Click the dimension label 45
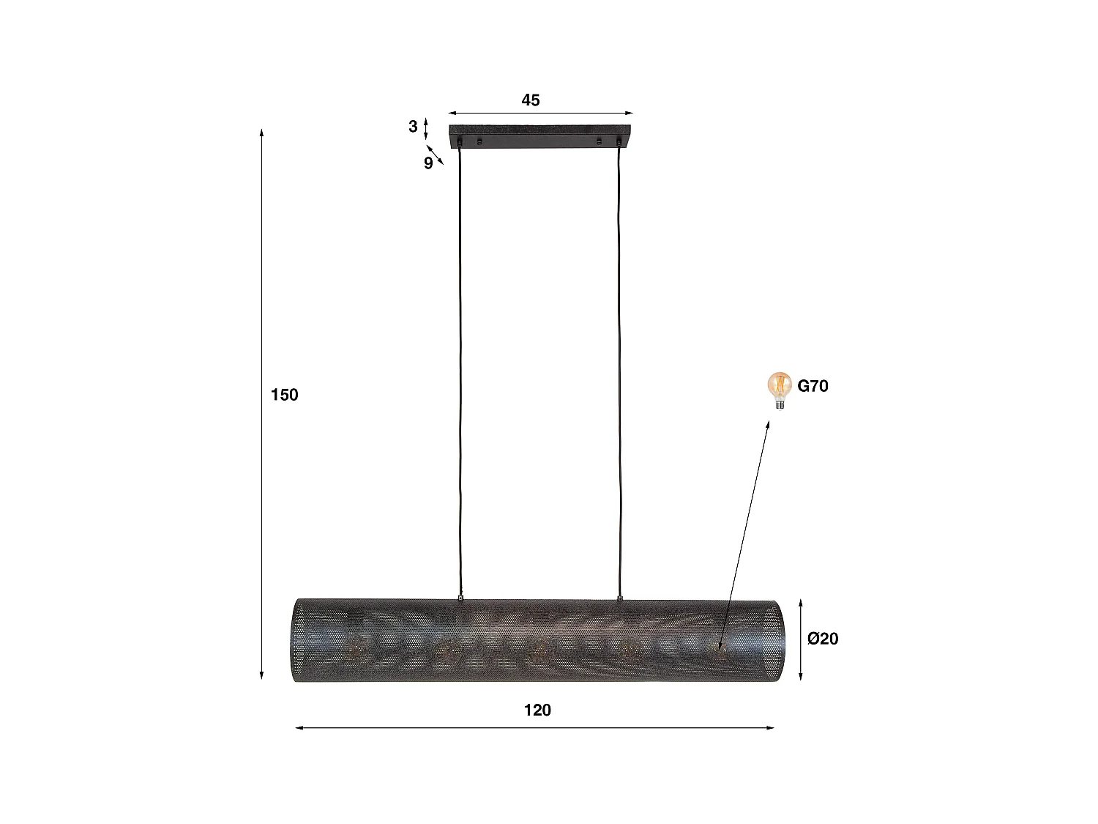[x=530, y=100]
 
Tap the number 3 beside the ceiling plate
[x=413, y=127]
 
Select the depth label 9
[x=428, y=163]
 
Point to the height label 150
[x=285, y=395]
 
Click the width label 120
[x=537, y=710]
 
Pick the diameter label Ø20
[x=823, y=639]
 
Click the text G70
[x=813, y=386]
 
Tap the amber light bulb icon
[x=780, y=389]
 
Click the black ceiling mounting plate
[x=540, y=136]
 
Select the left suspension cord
[x=460, y=366]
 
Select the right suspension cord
[x=620, y=366]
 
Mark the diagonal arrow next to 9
[x=436, y=155]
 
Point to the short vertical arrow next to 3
[x=426, y=127]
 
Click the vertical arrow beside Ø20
[x=801, y=639]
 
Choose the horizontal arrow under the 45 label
[x=540, y=114]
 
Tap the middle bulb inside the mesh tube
[x=539, y=647]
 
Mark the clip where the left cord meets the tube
[x=460, y=597]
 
